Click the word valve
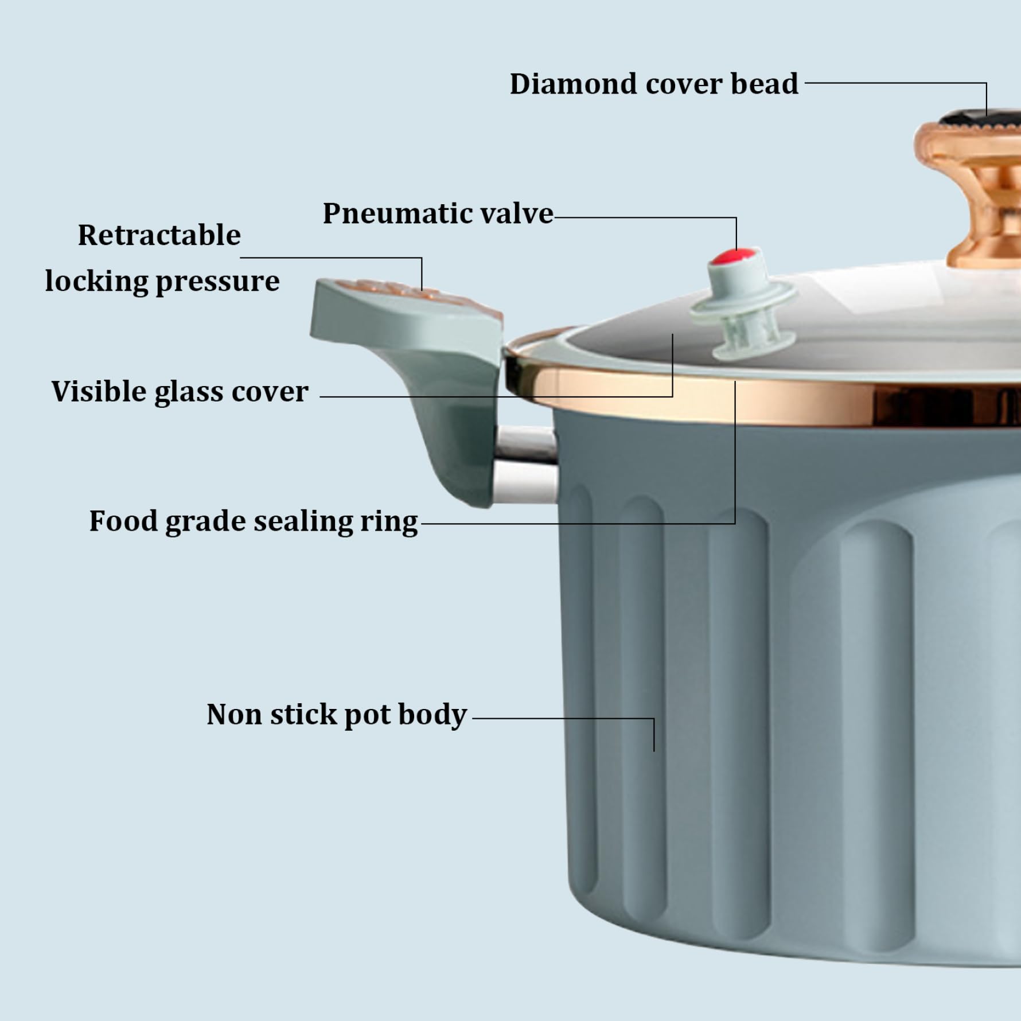pyautogui.click(x=516, y=214)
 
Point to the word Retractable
pyautogui.click(x=159, y=235)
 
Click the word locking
pyautogui.click(x=96, y=282)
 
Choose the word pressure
pyautogui.click(x=217, y=282)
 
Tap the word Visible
pyautogui.click(x=98, y=392)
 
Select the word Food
pyautogui.click(x=123, y=521)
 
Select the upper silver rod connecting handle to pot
pyautogui.click(x=525, y=442)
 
